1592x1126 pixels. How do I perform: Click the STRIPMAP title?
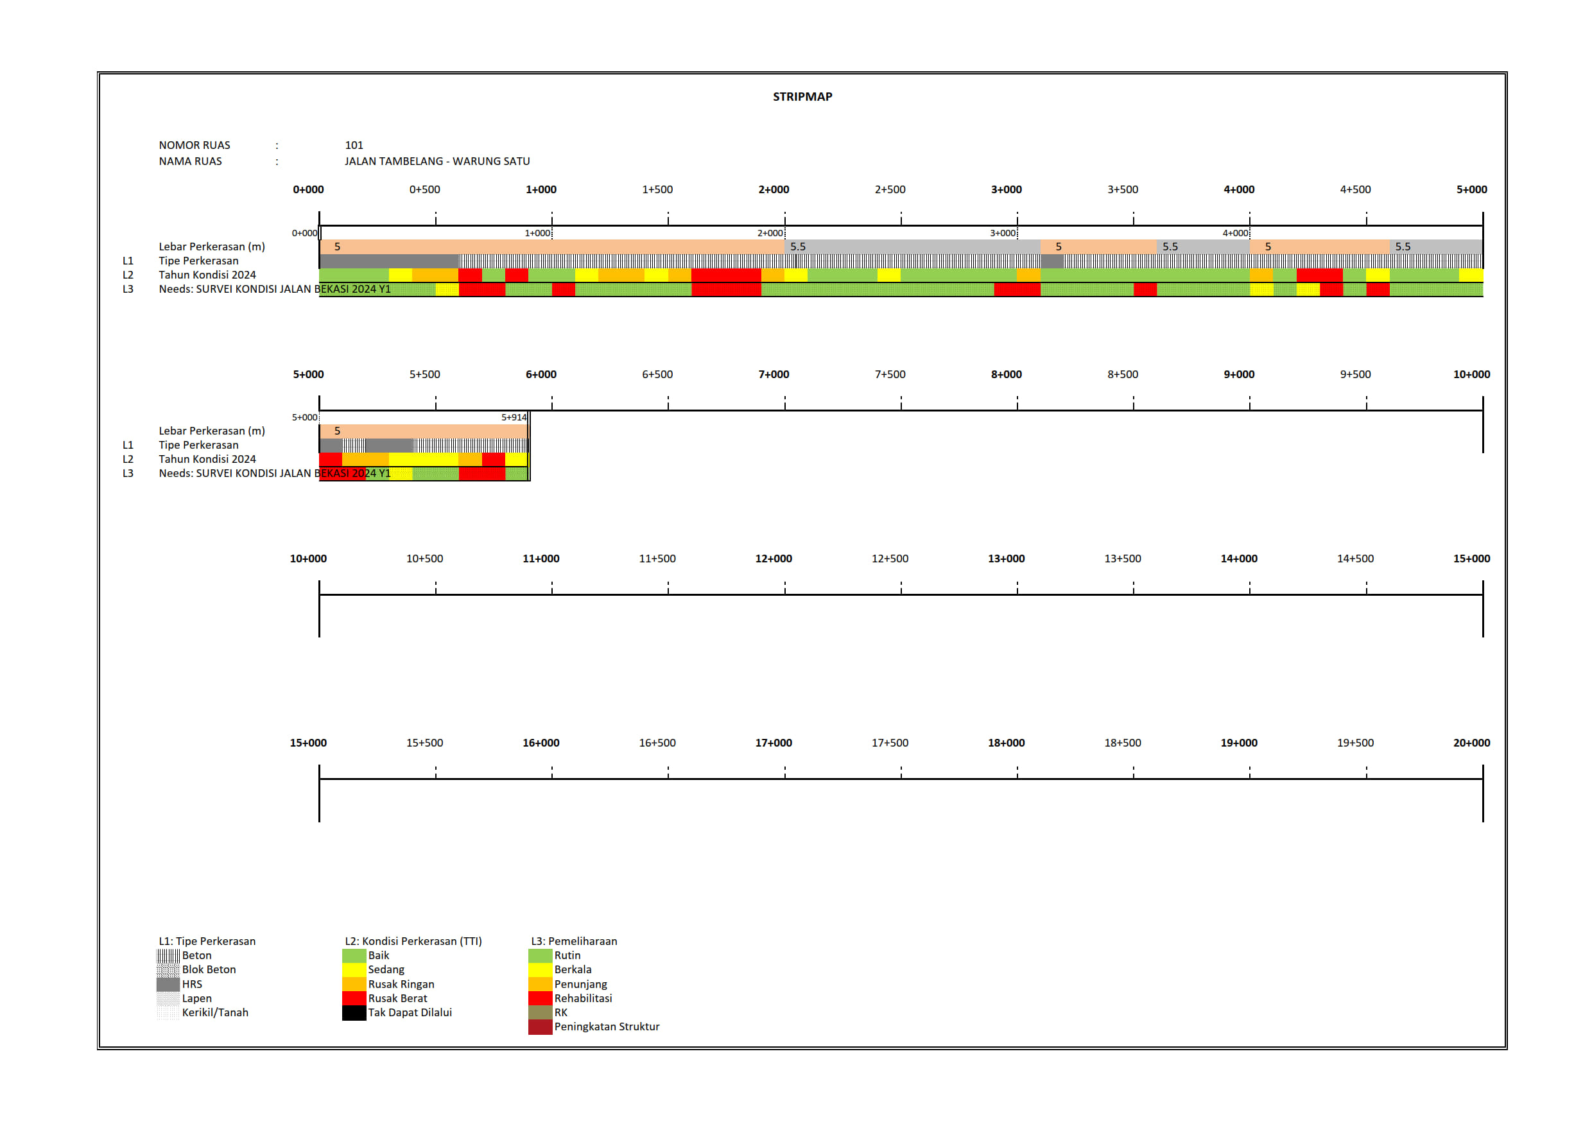click(802, 97)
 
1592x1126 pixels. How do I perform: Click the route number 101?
click(354, 145)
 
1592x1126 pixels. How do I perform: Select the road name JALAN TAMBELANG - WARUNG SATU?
click(437, 161)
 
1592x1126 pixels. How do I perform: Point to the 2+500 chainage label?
click(890, 189)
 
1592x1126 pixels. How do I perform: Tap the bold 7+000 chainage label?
click(773, 374)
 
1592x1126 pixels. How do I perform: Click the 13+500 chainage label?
click(1122, 559)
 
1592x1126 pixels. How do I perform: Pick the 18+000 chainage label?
click(1005, 743)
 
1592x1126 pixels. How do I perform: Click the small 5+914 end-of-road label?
click(514, 417)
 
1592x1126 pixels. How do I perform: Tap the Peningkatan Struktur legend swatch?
click(540, 1027)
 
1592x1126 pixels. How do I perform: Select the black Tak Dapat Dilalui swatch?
click(354, 1013)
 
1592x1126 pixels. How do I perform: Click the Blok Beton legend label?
click(209, 970)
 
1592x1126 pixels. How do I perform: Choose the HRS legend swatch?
click(168, 985)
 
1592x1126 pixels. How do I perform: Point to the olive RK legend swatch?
click(540, 1013)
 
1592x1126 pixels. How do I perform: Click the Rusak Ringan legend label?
click(401, 985)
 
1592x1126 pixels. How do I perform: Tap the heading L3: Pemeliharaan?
click(573, 942)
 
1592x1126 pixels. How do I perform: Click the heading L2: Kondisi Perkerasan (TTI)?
click(413, 942)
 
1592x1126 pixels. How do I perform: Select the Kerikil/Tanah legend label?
click(215, 1013)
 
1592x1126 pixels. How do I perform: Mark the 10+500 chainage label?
click(424, 559)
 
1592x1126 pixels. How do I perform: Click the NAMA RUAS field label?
click(190, 161)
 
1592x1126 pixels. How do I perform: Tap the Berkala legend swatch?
click(540, 970)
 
